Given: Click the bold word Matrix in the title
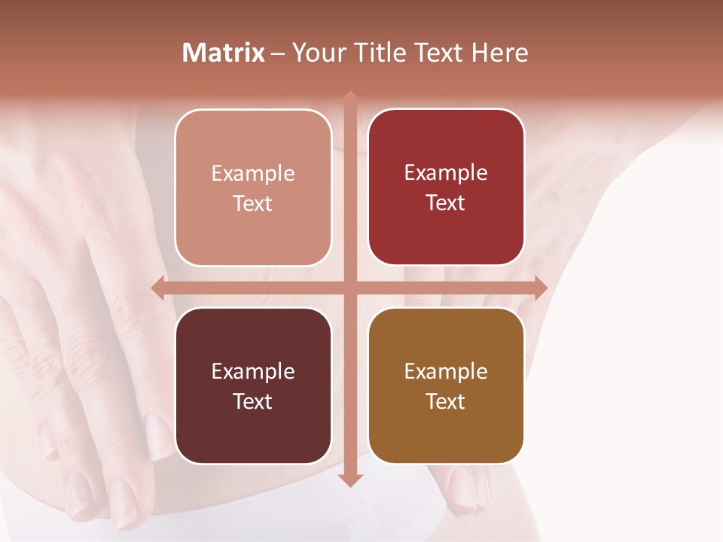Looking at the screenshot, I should pos(224,53).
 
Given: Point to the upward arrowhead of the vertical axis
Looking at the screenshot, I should pos(349,98).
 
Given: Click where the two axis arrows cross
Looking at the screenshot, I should pos(349,288).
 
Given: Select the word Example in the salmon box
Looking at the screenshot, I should pos(253,174).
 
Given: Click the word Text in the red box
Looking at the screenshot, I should pos(446,203).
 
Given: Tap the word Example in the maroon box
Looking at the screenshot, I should pos(253,372).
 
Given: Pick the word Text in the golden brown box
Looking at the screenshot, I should pos(446,401).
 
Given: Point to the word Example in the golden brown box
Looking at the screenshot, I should pos(446,372).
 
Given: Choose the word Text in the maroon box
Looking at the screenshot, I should pos(253,401).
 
